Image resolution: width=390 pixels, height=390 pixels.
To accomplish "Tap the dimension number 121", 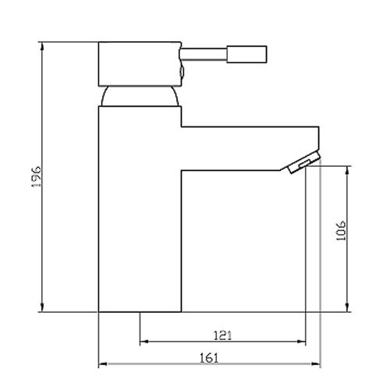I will (x=222, y=335).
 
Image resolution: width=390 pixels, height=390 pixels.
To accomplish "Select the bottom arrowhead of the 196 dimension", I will (x=41, y=309).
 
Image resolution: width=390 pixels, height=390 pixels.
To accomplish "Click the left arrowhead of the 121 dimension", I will (x=143, y=342).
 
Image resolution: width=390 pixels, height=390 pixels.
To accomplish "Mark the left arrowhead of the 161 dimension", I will (x=101, y=364).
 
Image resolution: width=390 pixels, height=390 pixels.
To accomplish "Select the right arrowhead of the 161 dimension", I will (x=317, y=364).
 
